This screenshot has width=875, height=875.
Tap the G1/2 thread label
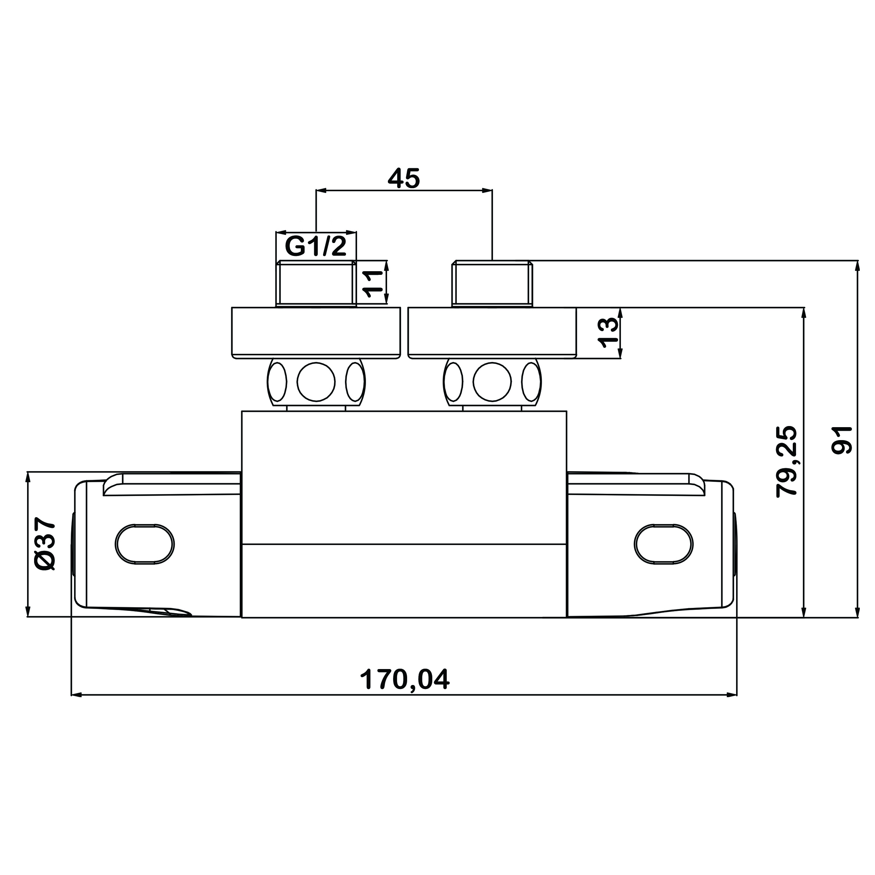click(316, 247)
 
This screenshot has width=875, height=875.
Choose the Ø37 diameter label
click(45, 543)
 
